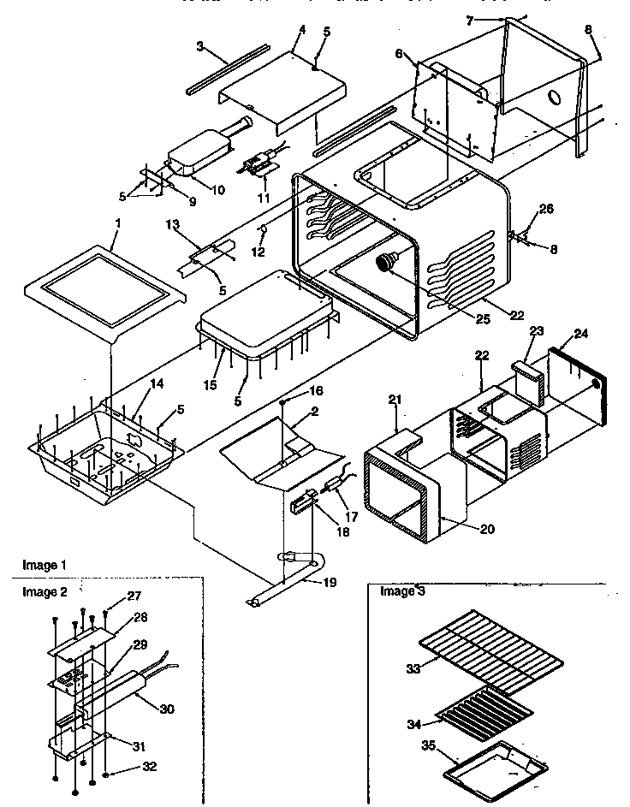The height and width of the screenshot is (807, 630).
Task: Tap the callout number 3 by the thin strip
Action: point(199,46)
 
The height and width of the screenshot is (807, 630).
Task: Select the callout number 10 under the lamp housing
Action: point(217,189)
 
